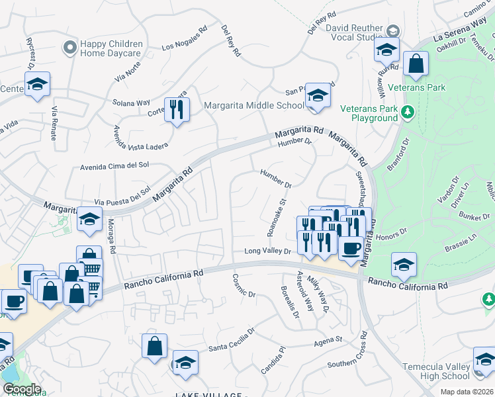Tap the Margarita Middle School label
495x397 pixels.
[x=254, y=105]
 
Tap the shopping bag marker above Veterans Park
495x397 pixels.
[x=417, y=65]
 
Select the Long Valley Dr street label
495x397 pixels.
[x=267, y=251]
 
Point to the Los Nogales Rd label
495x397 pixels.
[x=185, y=45]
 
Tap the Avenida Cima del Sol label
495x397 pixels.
[x=114, y=167]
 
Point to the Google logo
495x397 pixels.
[x=22, y=389]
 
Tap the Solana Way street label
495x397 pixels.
[x=131, y=103]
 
